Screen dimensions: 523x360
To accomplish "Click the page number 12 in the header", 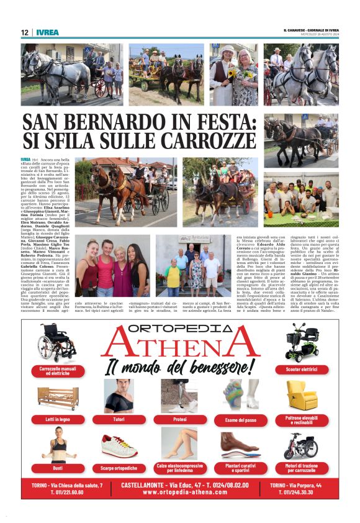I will pyautogui.click(x=24, y=32).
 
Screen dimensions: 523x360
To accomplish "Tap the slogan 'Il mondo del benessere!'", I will pyautogui.click(x=179, y=366).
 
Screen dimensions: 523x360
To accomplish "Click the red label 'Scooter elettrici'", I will pyautogui.click(x=301, y=370).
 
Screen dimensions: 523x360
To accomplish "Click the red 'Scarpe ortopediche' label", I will pyautogui.click(x=119, y=468).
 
